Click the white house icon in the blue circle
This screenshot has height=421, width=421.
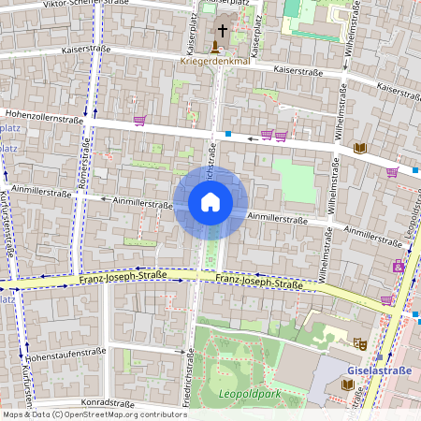pyautogui.click(x=210, y=202)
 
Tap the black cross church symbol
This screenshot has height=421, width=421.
pyautogui.click(x=223, y=31)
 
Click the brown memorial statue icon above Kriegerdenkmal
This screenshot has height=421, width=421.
pyautogui.click(x=216, y=47)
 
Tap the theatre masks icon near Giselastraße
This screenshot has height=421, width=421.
pyautogui.click(x=357, y=344)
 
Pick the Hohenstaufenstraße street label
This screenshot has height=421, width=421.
pyautogui.click(x=65, y=353)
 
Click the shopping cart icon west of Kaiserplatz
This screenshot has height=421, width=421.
pyautogui.click(x=140, y=120)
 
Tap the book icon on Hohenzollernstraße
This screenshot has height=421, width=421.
pyautogui.click(x=360, y=148)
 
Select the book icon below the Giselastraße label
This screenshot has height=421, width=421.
pyautogui.click(x=348, y=384)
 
